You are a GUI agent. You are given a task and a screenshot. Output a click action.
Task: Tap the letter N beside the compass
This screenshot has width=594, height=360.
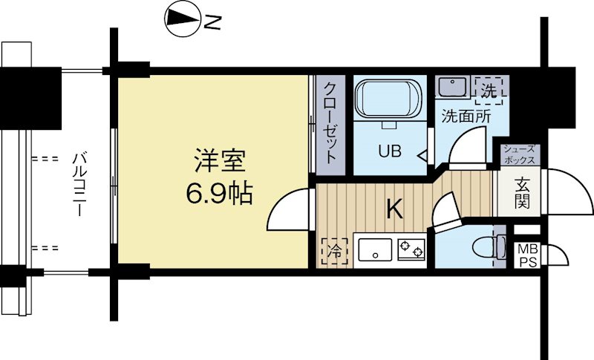(x=212, y=23)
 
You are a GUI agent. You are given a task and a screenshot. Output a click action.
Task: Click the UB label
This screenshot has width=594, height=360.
(x=389, y=151)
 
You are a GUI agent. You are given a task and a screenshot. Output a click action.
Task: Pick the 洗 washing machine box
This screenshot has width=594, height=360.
(x=488, y=91)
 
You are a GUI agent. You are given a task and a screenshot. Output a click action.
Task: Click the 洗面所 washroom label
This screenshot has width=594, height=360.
(x=466, y=117)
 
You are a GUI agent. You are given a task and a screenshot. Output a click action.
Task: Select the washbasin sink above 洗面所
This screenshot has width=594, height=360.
(x=451, y=88)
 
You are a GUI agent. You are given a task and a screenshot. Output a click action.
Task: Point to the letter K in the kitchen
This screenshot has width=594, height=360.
(x=394, y=209)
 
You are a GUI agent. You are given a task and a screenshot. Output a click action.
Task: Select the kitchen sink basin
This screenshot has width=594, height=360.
(x=376, y=249)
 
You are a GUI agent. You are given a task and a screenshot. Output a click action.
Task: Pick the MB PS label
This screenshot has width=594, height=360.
(x=528, y=256)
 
